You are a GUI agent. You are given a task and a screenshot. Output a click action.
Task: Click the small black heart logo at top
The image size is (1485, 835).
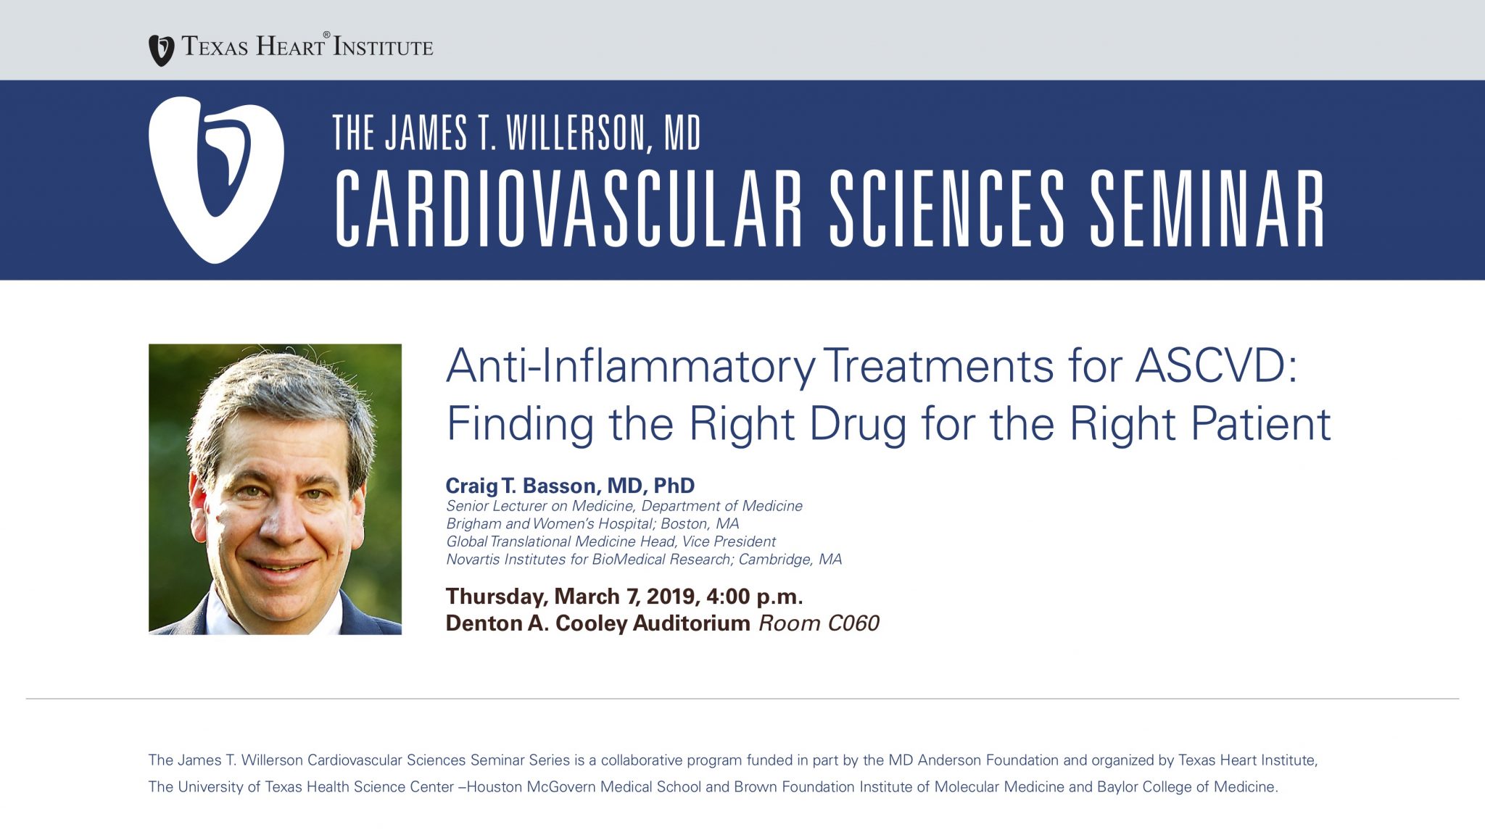coord(161,50)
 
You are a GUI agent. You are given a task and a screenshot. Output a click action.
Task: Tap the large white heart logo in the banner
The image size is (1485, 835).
coord(216,179)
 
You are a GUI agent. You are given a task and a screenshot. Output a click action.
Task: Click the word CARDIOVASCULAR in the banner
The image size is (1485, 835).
coord(568,209)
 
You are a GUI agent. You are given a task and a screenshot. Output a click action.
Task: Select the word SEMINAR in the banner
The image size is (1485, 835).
coord(1207,209)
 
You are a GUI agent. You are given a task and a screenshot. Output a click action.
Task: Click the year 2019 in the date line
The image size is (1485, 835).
coord(671,597)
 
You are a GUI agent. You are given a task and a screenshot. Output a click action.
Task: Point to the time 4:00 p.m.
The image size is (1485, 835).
coord(754,597)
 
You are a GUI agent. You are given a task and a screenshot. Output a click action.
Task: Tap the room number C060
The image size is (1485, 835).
coord(853,623)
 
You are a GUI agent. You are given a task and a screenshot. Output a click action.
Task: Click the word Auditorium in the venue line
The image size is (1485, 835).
coord(691,623)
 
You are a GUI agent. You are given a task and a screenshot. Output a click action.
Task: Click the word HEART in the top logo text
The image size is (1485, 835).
coord(291,47)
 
